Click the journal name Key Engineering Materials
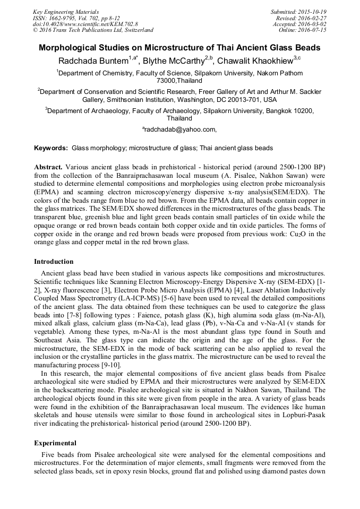coord(66,11)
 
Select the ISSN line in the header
coord(77,18)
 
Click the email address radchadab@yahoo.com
coord(179,129)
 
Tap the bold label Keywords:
coord(51,148)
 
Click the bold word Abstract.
coord(49,166)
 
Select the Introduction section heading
coord(54,262)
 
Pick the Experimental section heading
coord(55,443)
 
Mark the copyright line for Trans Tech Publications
coord(93,30)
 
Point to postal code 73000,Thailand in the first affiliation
coord(179,81)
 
